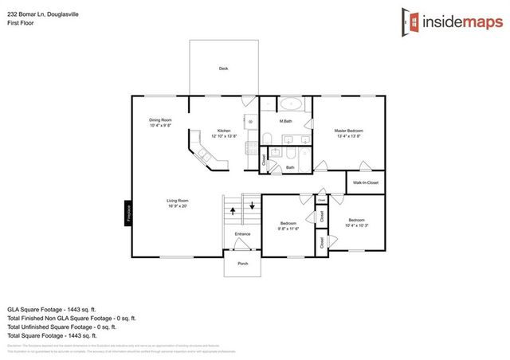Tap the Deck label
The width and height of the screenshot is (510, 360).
pos(224,69)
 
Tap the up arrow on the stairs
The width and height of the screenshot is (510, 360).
pos(233,211)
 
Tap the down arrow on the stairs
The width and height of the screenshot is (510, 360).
pos(253,205)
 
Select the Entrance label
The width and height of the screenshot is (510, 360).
pos(242,234)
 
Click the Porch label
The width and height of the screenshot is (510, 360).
pos(242,264)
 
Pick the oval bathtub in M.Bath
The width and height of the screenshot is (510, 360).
pos(292,104)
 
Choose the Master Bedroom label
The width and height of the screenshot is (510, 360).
pos(347,131)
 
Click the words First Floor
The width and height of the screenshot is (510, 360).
pos(19,23)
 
